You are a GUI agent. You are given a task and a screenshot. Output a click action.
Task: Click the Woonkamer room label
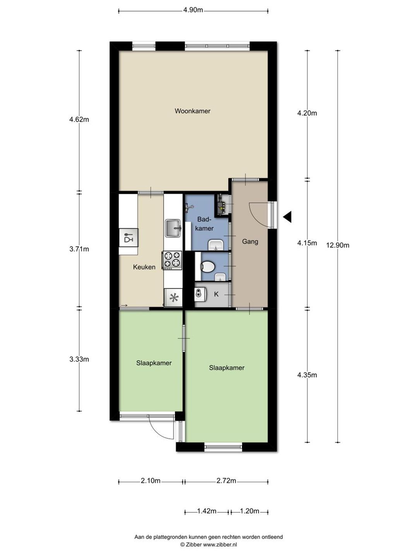pos(192,111)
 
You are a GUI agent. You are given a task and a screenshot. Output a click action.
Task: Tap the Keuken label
pos(144,267)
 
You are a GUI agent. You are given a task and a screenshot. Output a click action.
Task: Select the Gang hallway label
pos(250,242)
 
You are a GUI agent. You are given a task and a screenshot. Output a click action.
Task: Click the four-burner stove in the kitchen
pos(173,260)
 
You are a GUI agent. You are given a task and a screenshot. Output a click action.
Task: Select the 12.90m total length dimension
pos(337,245)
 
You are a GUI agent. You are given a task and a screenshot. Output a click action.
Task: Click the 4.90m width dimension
pos(193,10)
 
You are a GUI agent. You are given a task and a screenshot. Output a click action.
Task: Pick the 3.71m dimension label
pos(79,249)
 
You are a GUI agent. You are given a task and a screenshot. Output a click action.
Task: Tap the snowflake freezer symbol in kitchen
pos(173,298)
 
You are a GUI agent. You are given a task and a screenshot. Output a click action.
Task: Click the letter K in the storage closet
pos(216,294)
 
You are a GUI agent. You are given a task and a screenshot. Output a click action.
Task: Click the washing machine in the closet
pos(201,295)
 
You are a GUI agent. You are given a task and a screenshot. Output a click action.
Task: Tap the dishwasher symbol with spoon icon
pos(128,237)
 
